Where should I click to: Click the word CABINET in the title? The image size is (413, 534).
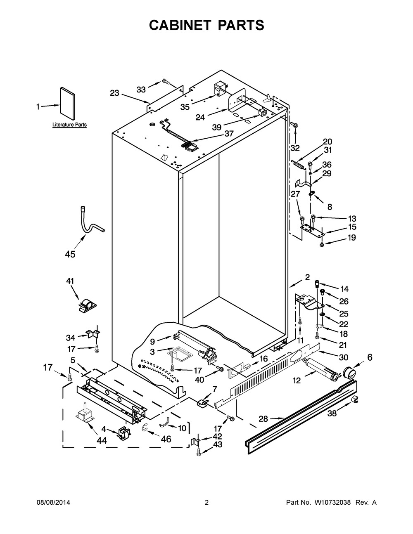(180, 25)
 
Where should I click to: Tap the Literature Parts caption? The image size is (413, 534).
(69, 125)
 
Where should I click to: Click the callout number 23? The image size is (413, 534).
(114, 93)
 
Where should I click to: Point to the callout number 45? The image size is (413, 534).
(70, 254)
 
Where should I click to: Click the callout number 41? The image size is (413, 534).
(70, 281)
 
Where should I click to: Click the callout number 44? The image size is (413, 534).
(102, 441)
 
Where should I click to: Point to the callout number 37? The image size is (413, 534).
(229, 134)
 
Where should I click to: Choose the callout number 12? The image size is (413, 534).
(297, 380)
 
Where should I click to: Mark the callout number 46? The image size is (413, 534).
(166, 439)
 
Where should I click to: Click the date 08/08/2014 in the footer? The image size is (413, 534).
(53, 502)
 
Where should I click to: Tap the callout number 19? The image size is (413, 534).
(352, 238)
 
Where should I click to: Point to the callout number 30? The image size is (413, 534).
(344, 357)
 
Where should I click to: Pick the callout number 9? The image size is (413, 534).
(152, 342)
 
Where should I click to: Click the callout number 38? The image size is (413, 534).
(332, 413)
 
